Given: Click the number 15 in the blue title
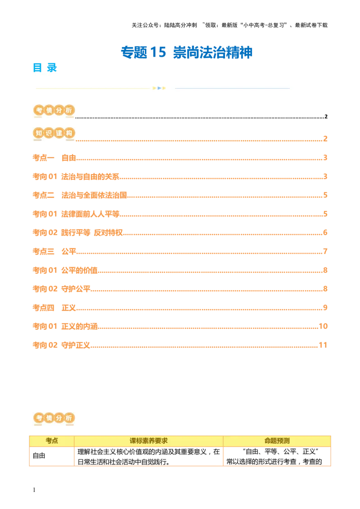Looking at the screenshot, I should coord(157,52).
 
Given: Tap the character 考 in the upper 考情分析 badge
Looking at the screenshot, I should coord(38,111).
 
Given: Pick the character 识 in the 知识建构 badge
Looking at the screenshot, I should coord(49,133).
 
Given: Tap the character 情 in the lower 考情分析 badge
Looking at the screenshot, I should coord(48,418).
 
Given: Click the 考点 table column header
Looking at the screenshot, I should coord(52,441).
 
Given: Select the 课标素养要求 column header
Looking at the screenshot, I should coord(148,441).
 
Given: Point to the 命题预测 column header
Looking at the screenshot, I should coord(277,441).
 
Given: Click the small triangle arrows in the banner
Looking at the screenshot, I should coord(159,88).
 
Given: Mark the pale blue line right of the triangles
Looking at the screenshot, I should coord(232,88).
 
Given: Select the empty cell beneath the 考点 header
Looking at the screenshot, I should coord(52,456).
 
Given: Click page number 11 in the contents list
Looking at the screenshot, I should coord(322,345).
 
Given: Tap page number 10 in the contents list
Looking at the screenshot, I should coord(322,325).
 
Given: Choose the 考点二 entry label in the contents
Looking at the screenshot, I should coord(44,195).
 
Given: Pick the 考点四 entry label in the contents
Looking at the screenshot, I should coord(44,308).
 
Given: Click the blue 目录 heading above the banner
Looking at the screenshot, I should coord(45,67).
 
